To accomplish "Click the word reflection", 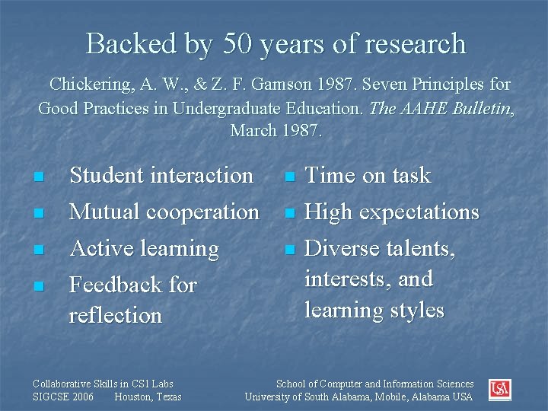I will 116,315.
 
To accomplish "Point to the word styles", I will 415,311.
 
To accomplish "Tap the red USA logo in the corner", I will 499,390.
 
